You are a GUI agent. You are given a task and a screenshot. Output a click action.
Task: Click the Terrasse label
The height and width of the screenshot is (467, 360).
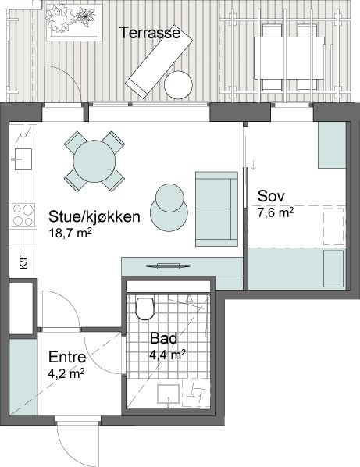(150, 33)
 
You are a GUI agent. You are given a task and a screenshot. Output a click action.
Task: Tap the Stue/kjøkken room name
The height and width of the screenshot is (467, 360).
(94, 217)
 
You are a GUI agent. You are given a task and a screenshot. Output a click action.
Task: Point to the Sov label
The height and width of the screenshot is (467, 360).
(271, 196)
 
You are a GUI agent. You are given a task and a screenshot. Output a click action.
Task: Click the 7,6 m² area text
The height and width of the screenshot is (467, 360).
(276, 213)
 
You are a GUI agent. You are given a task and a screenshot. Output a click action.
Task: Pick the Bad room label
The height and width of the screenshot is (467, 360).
(163, 338)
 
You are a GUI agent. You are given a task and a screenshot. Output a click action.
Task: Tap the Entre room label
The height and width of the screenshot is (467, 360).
(67, 357)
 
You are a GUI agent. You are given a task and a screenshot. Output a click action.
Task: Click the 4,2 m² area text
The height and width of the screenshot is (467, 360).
(66, 374)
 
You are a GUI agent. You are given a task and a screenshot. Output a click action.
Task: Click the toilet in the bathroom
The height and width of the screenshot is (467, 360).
(144, 308)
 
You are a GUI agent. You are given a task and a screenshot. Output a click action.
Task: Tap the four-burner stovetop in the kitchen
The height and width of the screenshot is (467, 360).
(23, 215)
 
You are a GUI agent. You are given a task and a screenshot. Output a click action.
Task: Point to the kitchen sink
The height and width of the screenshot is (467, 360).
(23, 159)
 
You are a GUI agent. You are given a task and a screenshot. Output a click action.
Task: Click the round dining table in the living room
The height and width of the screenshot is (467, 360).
(94, 161)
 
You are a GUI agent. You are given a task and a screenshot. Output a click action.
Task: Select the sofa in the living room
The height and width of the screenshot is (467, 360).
(216, 209)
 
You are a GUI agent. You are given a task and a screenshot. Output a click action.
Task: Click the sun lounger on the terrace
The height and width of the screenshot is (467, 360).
(159, 64)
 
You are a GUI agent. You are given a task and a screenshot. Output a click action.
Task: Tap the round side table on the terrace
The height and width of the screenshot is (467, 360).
(178, 85)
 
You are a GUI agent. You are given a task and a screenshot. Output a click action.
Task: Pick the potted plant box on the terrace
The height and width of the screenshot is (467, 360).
(74, 22)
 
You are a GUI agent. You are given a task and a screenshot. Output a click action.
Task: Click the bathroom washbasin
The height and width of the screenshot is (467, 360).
(169, 394)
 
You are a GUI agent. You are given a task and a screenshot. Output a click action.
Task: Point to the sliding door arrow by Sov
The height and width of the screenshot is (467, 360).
(253, 166)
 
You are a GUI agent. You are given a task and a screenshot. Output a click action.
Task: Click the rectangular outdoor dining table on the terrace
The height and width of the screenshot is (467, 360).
(289, 58)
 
